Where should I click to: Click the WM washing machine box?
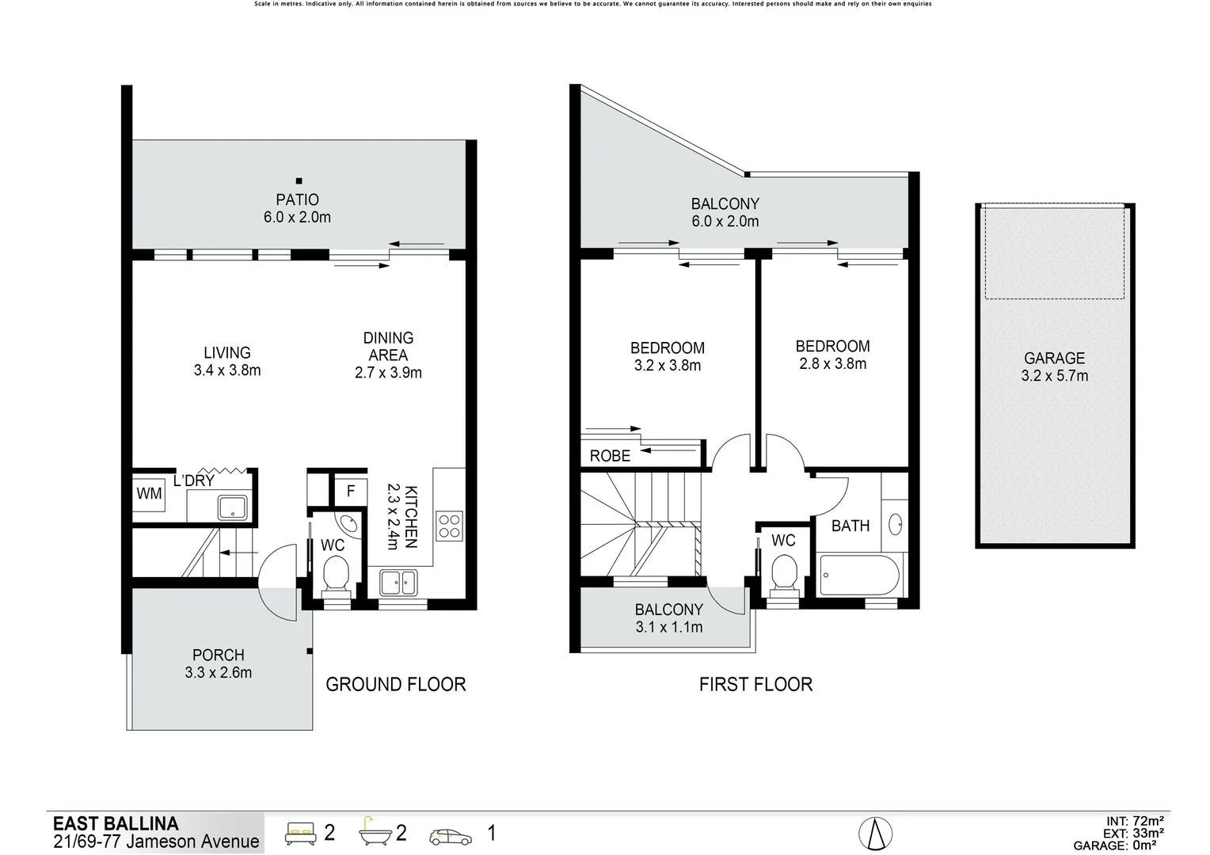(149, 493)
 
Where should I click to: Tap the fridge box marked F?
(351, 491)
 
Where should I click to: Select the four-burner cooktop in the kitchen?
(450, 526)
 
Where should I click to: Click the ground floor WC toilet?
(336, 574)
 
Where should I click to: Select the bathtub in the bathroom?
(859, 575)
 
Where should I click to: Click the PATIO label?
(297, 199)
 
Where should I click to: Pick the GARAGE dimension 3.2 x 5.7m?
(1054, 376)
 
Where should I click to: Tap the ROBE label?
(611, 456)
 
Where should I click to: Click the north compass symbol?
(876, 833)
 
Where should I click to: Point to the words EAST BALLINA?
(116, 823)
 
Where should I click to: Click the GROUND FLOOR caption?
(396, 684)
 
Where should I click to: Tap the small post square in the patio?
(299, 180)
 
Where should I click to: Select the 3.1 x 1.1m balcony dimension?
(668, 628)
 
